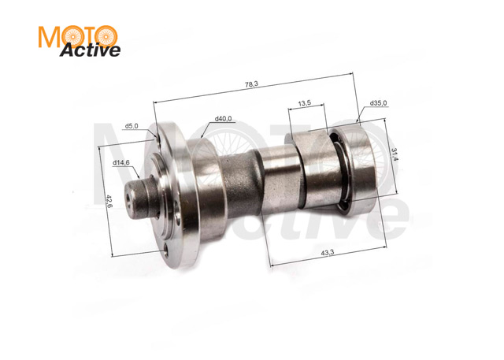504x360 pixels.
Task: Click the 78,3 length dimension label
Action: [251, 84]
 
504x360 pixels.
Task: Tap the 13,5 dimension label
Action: [305, 103]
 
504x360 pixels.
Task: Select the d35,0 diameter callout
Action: [378, 103]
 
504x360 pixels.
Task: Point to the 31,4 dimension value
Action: [395, 154]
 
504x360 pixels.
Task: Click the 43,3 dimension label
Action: [328, 253]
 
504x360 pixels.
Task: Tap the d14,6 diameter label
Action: [120, 162]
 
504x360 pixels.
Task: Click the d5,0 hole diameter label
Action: [132, 126]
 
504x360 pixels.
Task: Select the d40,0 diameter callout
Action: [223, 119]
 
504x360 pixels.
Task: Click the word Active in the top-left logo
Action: [90, 50]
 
